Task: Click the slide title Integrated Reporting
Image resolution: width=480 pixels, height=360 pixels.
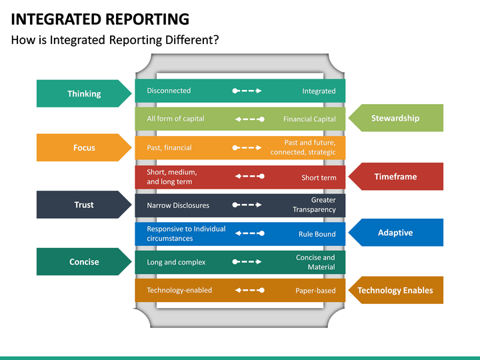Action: (100, 19)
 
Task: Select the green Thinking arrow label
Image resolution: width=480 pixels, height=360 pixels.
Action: (84, 94)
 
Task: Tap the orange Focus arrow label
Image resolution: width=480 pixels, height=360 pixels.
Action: (84, 148)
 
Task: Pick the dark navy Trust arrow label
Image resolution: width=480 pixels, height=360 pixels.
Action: (84, 205)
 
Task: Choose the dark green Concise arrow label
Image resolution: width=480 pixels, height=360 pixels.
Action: (84, 262)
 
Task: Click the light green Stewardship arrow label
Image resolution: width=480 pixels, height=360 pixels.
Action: (395, 118)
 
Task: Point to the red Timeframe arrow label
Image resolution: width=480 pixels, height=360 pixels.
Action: (395, 177)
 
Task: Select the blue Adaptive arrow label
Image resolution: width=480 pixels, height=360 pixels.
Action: (395, 233)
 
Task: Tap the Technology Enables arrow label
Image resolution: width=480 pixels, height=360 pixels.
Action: (395, 290)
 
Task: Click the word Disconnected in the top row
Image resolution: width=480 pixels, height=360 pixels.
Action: (169, 91)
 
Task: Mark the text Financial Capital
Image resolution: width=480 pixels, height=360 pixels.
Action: (309, 119)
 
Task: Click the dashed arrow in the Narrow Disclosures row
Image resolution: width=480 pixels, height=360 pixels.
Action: (247, 205)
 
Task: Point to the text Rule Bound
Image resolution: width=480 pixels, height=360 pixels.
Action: (317, 235)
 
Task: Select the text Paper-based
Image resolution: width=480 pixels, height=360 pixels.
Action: (315, 291)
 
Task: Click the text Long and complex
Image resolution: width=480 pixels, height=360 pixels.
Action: (176, 262)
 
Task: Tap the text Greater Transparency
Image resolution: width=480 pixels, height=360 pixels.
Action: (314, 205)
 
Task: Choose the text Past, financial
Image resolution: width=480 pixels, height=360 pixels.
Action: (169, 148)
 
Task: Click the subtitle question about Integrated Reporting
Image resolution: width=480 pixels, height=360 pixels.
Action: (115, 40)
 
